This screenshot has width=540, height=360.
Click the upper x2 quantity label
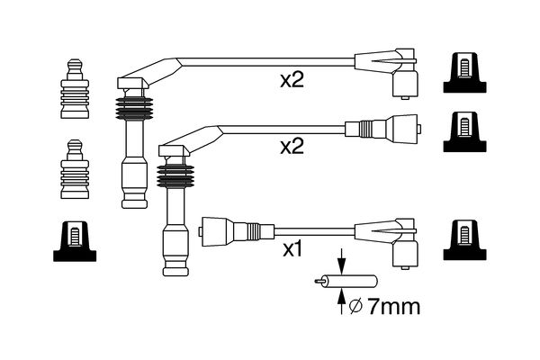tap(292, 81)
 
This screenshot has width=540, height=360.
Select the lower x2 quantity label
tap(292, 147)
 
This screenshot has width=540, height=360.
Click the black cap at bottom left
tap(76, 240)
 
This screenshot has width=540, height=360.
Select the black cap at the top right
tap(465, 71)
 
